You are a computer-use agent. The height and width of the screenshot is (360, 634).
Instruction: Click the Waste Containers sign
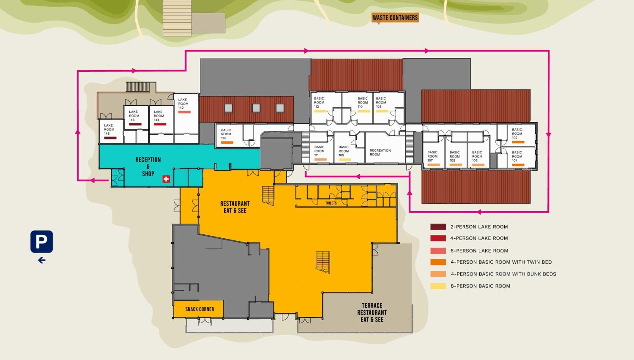(395, 18)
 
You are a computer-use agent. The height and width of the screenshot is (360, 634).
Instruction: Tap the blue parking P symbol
(42, 241)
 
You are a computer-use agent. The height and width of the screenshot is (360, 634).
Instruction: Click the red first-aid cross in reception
(166, 179)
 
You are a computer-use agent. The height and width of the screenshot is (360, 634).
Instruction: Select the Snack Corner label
(200, 309)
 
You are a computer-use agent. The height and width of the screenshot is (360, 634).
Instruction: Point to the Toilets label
(331, 203)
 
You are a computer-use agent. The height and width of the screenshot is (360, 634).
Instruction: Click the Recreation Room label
(380, 152)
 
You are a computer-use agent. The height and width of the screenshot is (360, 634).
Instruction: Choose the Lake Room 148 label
(109, 129)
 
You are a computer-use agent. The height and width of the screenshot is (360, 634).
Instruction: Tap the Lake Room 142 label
(183, 104)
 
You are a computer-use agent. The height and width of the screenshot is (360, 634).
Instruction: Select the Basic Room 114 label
(226, 134)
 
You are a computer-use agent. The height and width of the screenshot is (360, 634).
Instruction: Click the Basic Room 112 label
(319, 102)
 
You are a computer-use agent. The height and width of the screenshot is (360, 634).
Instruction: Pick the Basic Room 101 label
(517, 156)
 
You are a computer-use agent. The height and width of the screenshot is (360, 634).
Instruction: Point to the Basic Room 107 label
(432, 156)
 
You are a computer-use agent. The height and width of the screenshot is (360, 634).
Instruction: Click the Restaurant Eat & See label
(235, 207)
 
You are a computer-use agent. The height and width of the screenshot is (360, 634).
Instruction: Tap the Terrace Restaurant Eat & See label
(372, 312)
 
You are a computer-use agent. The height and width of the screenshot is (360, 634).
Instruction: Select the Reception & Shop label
(148, 167)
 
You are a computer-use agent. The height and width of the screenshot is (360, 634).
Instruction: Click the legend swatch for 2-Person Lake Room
(438, 227)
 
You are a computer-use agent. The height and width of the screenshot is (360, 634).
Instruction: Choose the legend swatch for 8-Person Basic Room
(438, 286)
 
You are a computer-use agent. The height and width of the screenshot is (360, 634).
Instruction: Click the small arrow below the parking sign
(42, 260)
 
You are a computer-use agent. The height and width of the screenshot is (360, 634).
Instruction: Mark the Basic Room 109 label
(344, 151)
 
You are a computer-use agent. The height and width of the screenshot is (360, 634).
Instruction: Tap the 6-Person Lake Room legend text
(479, 251)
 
